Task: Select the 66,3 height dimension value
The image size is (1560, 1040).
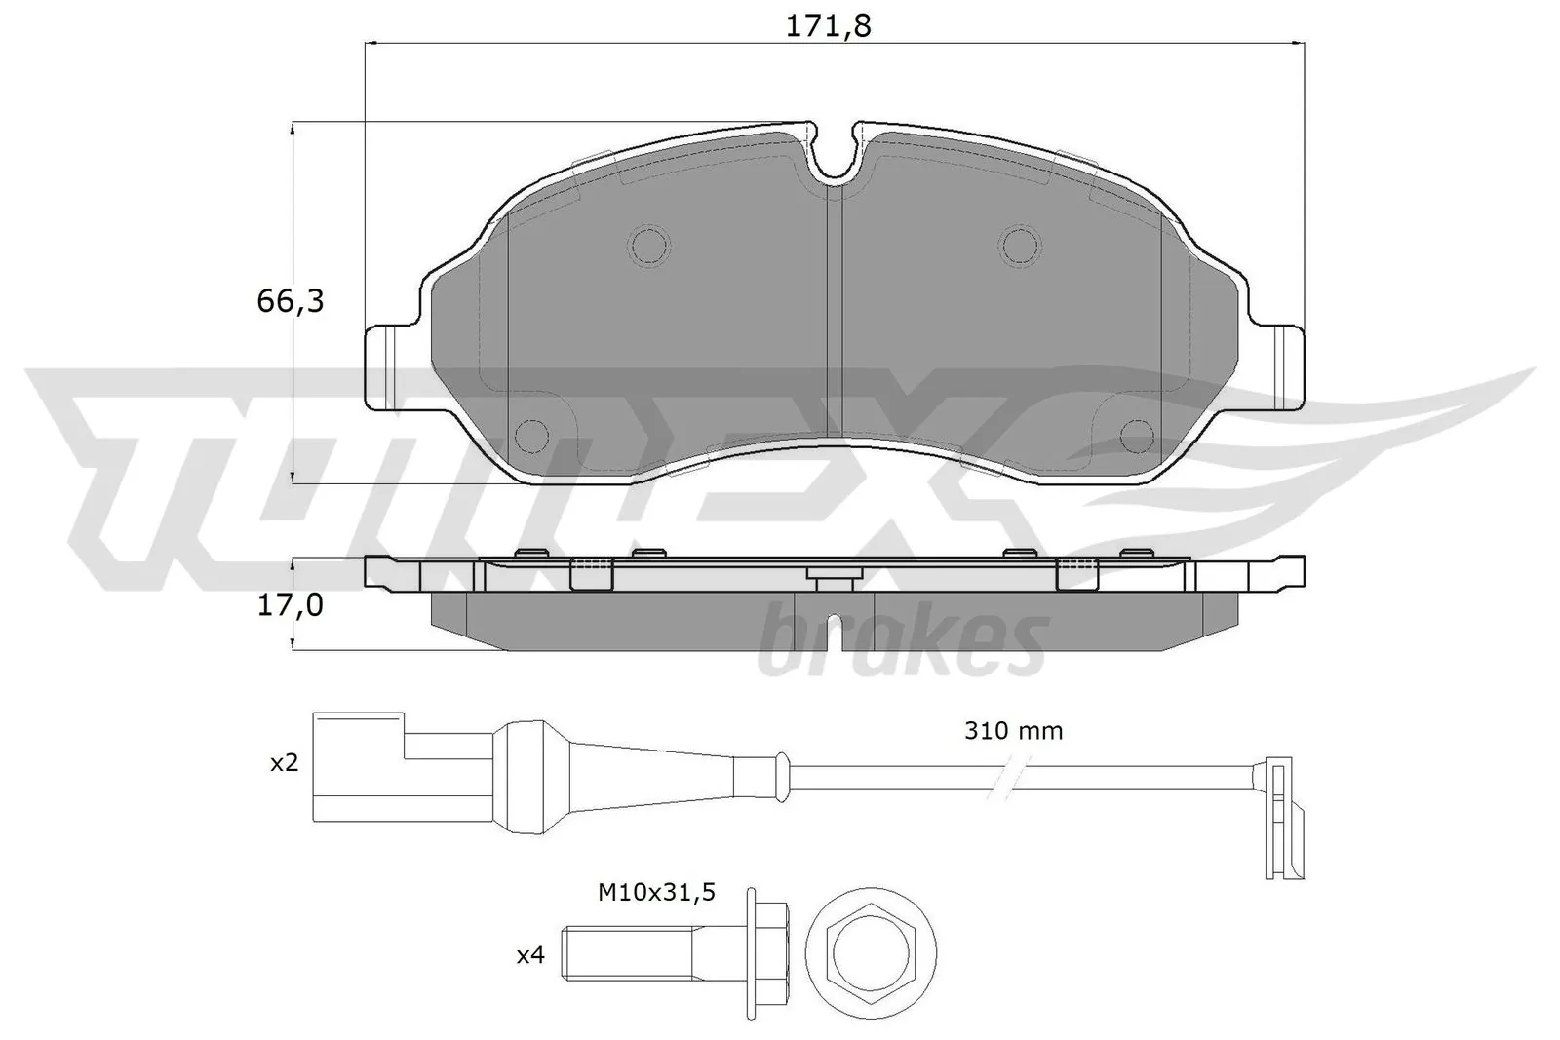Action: pos(290,301)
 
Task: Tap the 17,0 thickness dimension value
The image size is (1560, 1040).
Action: pos(290,605)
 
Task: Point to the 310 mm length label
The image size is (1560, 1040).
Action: pos(1013,730)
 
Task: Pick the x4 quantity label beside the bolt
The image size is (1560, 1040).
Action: pos(529,956)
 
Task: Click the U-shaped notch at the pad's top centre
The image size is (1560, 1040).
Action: pos(834,156)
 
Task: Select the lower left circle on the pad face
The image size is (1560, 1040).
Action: pos(531,435)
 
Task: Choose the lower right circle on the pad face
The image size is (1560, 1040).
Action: pos(1137,435)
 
